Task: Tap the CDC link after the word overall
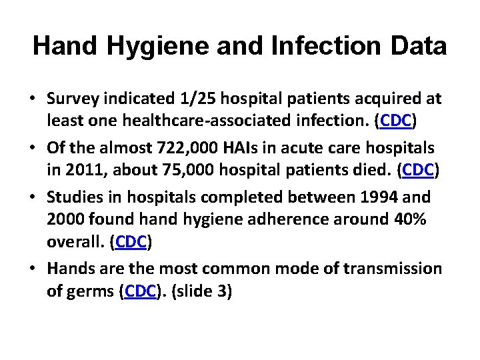point(131,242)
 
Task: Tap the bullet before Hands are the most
point(33,269)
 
